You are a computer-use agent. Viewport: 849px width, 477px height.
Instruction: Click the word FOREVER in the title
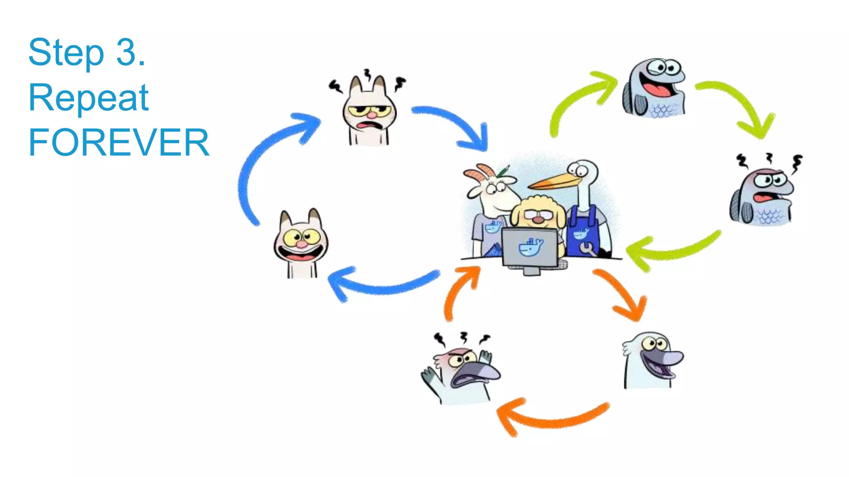coord(119,142)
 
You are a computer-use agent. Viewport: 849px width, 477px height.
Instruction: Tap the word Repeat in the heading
coord(88,98)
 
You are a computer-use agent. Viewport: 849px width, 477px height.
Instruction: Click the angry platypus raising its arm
coord(462,373)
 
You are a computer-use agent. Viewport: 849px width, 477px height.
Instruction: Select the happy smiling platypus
coord(651,360)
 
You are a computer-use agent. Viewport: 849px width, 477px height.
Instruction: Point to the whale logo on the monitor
coord(530,248)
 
